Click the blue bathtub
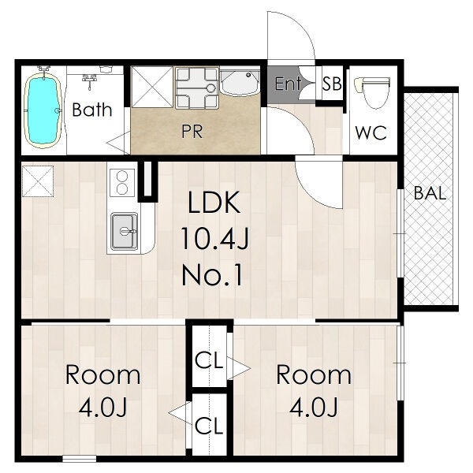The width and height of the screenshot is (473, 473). click(43, 110)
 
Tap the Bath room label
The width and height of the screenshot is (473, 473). click(92, 110)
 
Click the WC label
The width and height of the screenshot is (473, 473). click(371, 132)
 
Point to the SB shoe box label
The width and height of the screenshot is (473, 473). click(332, 84)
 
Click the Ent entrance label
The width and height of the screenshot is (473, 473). click(288, 84)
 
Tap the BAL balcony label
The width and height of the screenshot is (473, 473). click(430, 193)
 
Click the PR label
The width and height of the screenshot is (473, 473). click(192, 131)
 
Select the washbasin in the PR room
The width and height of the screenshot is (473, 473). click(240, 84)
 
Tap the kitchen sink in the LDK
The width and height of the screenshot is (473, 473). click(125, 231)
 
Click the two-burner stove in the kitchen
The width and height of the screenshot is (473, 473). click(122, 183)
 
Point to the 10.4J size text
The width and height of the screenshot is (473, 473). click(214, 239)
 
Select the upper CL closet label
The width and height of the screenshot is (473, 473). click(209, 360)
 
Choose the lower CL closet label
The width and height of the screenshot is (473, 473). click(209, 426)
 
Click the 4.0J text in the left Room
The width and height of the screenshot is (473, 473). click(102, 407)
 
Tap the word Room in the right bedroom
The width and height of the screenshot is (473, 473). click(314, 375)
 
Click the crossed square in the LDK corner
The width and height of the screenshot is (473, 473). click(38, 181)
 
